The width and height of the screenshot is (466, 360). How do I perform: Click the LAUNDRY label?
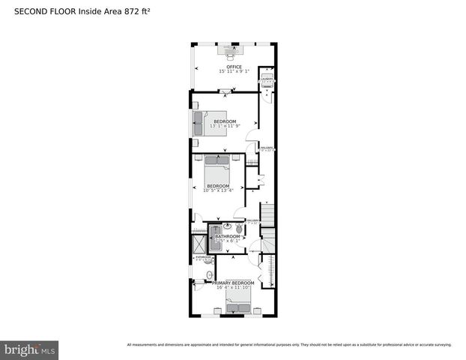pos(266,77)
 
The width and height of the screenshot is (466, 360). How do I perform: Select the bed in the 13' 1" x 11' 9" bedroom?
pos(207,122)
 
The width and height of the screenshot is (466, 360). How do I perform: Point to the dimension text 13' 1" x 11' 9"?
pos(225,126)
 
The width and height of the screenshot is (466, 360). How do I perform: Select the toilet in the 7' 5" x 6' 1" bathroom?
pos(238,228)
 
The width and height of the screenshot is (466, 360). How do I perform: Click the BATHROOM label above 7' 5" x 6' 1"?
pos(228,236)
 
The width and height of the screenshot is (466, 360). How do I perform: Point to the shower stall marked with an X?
pos(199,241)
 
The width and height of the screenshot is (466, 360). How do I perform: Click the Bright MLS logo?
pos(30,349)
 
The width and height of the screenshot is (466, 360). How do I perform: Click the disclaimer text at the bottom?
pos(289,345)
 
